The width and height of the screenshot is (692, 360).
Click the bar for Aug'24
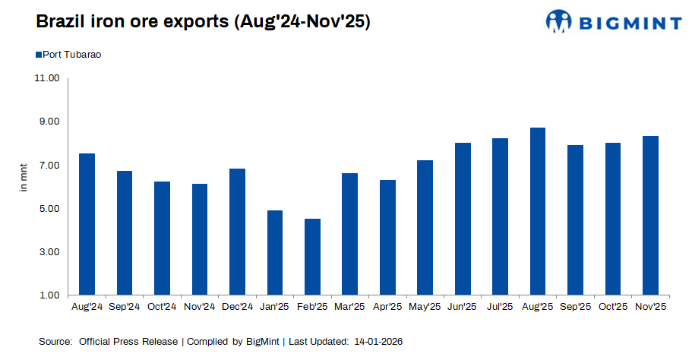click(87, 224)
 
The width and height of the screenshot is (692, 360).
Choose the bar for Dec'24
click(237, 232)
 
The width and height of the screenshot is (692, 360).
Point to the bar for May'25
click(425, 227)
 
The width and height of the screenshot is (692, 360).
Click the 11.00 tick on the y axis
click(47, 78)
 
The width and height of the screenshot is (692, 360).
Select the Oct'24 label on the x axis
click(162, 307)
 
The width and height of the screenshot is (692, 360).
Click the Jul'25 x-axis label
click(500, 307)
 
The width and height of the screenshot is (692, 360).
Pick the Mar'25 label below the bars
click(349, 307)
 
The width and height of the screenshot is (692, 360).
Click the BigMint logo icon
click(558, 21)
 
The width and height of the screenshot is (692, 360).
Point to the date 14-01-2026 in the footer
click(378, 343)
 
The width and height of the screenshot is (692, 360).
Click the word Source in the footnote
click(55, 343)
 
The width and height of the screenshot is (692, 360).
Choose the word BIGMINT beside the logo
click(630, 23)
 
